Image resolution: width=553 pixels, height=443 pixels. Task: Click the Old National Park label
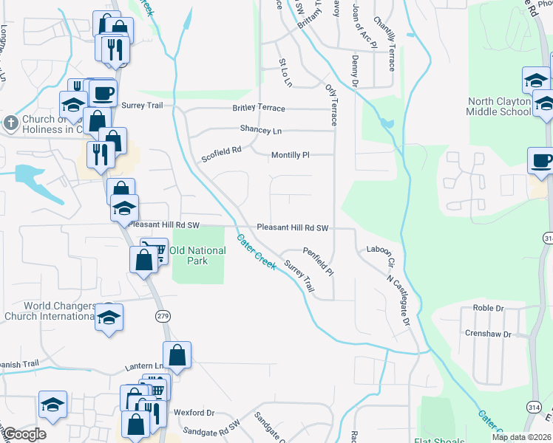tap(197, 255)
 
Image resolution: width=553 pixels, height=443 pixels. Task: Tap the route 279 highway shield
tap(163, 316)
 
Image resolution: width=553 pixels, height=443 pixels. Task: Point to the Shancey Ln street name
tap(261, 129)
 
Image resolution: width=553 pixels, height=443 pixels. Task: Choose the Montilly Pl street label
tap(290, 155)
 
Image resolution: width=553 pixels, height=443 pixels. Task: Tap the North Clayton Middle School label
tap(498, 106)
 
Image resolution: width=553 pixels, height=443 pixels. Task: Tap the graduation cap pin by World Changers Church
tap(109, 318)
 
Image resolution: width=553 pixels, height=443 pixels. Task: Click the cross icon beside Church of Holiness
tap(10, 121)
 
